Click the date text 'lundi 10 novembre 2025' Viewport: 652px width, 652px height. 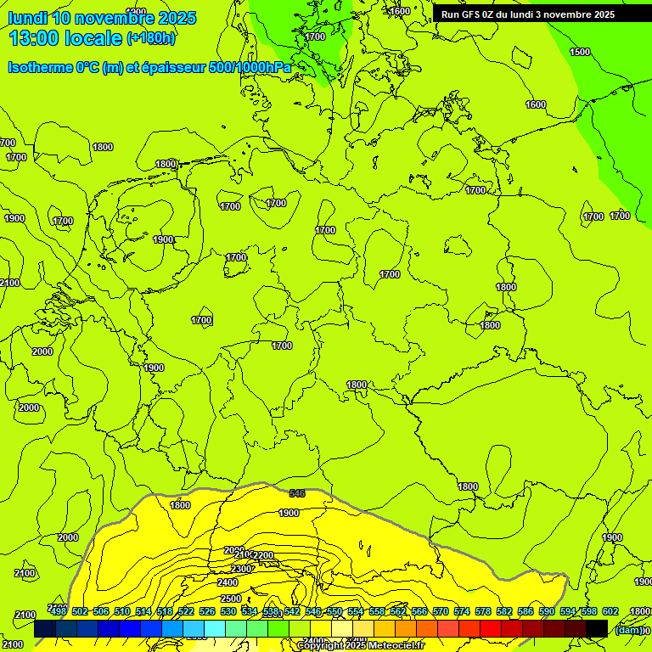point(102,18)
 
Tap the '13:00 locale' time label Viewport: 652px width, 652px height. point(66,38)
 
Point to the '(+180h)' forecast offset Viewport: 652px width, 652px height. point(151,38)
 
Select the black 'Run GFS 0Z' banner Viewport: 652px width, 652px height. point(528,14)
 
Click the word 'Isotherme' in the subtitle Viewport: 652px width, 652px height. point(40,67)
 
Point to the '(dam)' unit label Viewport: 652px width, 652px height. point(627,630)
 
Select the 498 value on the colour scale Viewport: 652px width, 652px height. point(58,611)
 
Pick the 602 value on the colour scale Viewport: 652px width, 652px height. point(610,611)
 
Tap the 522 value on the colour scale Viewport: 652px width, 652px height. point(185,611)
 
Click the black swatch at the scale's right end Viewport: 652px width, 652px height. point(597,629)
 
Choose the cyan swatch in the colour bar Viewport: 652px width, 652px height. point(215,629)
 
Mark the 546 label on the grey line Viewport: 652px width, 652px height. point(297,493)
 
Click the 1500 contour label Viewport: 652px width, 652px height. point(580,52)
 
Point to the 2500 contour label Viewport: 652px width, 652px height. point(230,598)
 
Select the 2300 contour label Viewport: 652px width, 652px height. point(242,569)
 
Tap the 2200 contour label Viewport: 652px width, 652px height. point(264,555)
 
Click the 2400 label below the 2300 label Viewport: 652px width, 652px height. point(228,583)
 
